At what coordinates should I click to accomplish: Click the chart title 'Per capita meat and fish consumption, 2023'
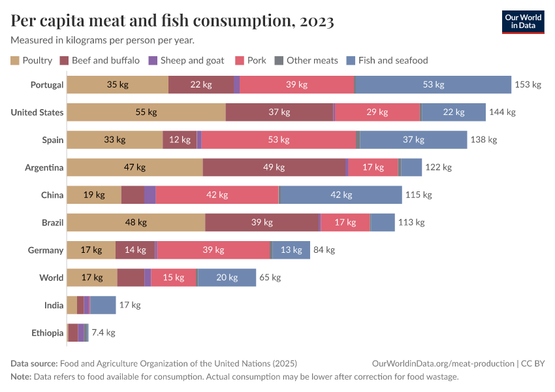(172, 22)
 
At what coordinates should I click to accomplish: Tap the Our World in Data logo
(522, 22)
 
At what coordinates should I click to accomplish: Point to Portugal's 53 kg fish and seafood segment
(433, 85)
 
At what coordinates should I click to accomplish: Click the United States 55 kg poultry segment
(146, 112)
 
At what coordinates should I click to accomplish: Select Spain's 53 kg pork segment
(279, 140)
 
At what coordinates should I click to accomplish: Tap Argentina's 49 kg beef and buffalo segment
(274, 167)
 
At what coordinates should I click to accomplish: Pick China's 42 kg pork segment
(217, 195)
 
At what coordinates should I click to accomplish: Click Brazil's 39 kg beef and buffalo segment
(262, 222)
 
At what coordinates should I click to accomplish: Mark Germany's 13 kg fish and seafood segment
(291, 250)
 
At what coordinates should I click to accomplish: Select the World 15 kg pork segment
(173, 277)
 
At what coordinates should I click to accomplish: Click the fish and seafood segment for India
(104, 304)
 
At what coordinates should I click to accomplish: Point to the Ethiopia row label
(47, 333)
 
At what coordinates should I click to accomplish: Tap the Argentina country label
(44, 167)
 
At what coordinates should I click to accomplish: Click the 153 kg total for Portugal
(528, 85)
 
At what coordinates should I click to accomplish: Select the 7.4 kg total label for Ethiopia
(103, 333)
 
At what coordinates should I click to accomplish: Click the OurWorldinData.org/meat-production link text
(442, 363)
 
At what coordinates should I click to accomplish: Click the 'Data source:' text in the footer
(33, 363)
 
